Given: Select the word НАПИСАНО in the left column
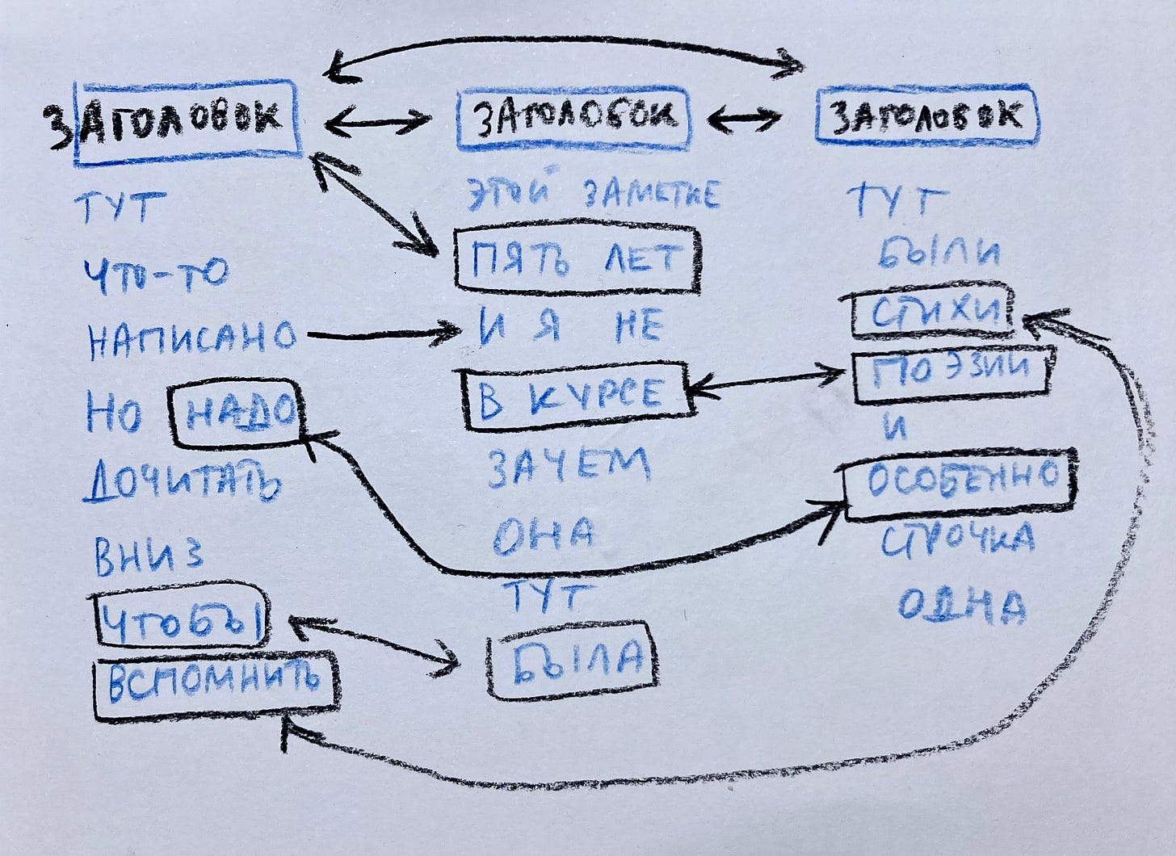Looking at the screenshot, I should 192,338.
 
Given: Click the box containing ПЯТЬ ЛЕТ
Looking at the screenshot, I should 576,259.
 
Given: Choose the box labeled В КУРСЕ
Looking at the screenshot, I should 575,393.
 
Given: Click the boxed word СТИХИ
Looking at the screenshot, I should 933,312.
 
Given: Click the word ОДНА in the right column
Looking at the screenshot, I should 961,605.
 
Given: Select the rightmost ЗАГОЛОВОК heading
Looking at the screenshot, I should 926,118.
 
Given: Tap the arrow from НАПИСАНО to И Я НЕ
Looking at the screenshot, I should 380,333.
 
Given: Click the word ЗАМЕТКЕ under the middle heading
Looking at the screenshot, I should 650,195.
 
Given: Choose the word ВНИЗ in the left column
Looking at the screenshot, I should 149,557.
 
